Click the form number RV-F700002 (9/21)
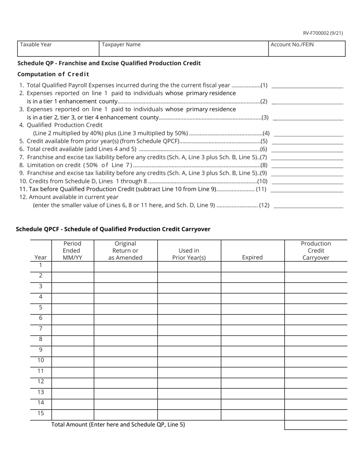coord(323,33)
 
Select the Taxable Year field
coord(58,48)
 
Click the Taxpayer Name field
coord(183,48)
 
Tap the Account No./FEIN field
coord(307,48)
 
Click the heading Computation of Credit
coord(53,74)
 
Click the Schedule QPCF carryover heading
coord(113,229)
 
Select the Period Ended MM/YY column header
coord(72,250)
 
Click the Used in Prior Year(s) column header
coord(189,254)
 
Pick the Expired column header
coord(252,257)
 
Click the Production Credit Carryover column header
coord(316,250)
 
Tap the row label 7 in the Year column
coord(41,328)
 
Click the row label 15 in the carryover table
coord(41,413)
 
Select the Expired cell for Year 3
coord(252,288)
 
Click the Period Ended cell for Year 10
coord(72,362)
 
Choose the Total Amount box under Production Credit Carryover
coord(316,425)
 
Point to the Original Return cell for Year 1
coord(125,266)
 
